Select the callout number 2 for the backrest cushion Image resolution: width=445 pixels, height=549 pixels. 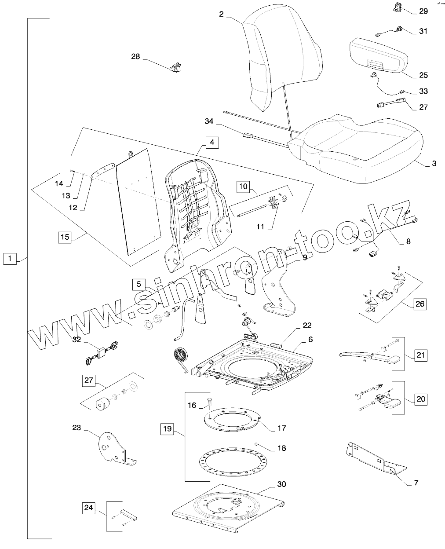coord(221,14)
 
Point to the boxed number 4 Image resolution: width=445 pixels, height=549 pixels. coord(212,143)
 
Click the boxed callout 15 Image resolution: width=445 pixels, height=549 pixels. coord(65,237)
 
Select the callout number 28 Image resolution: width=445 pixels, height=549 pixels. coord(135,56)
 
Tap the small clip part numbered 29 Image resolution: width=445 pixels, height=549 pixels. coord(398,7)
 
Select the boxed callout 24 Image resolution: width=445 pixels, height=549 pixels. coord(89,508)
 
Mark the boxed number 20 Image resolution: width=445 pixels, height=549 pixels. coord(421,399)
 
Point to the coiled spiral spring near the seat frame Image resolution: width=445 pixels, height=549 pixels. coord(180,356)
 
